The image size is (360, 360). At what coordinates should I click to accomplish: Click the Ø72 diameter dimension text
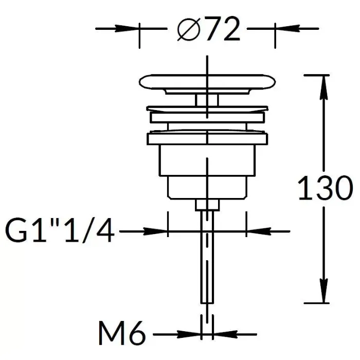pos(208,29)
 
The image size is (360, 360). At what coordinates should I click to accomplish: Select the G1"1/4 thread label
pos(60,230)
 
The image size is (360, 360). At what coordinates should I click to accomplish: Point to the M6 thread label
pos(122,333)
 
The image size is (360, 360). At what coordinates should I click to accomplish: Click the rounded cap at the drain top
pos(207,82)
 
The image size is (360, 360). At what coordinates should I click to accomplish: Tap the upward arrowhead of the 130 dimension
pos(323,87)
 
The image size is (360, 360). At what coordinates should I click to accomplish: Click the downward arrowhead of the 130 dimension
pos(323,291)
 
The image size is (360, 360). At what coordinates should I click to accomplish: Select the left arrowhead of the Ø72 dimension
pos(127,29)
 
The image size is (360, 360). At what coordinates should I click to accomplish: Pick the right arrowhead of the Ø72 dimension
pos(287,29)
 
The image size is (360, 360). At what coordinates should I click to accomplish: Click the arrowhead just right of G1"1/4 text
pos(155,231)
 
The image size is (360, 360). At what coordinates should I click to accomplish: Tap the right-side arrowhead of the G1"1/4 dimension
pos(259,231)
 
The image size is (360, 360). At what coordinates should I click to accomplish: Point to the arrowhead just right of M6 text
pos(189,334)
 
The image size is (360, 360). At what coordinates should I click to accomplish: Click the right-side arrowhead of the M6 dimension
pos(226,334)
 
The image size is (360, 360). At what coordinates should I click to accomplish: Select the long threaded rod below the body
pos(207,257)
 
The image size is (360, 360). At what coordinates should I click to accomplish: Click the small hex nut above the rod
pos(207,205)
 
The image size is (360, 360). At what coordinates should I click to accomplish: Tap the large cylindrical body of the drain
pos(207,160)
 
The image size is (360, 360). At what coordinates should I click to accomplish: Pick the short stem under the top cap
pos(207,100)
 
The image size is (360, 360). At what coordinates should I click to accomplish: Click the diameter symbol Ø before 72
pos(188,29)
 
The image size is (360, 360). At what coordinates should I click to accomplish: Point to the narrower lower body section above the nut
pos(207,188)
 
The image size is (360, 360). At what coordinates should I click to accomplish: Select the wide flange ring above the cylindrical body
pos(207,139)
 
